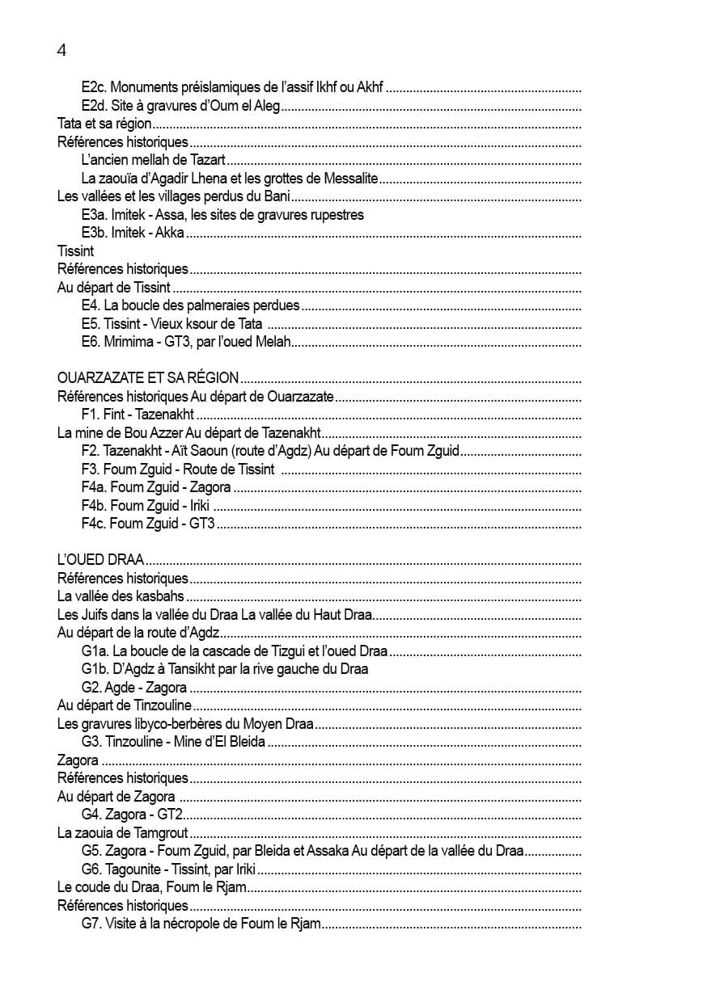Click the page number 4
[x=62, y=50]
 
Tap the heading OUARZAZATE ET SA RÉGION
[x=148, y=377]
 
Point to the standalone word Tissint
[x=76, y=251]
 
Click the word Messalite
[x=350, y=178]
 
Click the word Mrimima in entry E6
[x=127, y=342]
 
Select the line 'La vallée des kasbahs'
[x=121, y=596]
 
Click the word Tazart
[x=207, y=160]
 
